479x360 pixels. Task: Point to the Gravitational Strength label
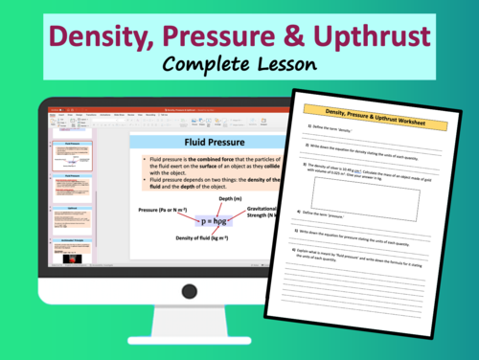click(268, 211)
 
